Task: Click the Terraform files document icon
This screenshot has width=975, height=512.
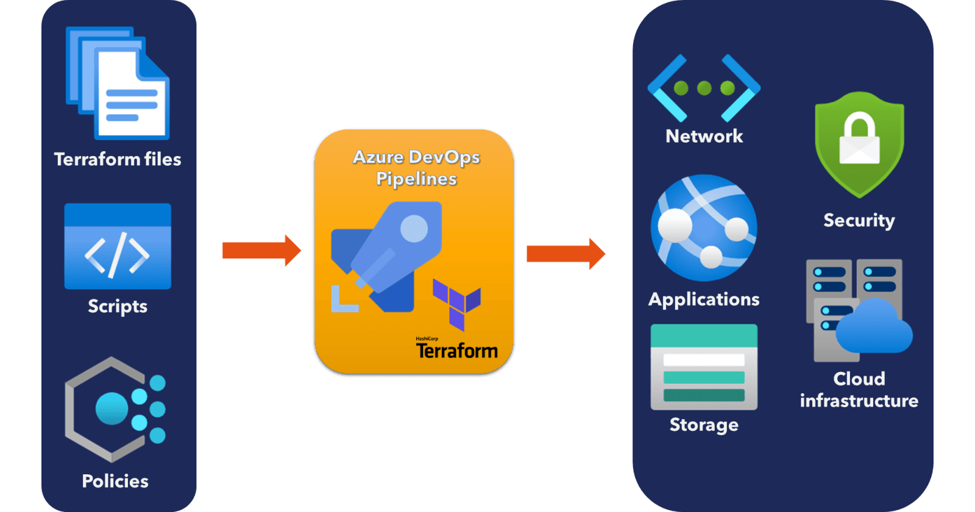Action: coord(118,84)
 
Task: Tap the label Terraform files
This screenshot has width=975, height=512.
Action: coord(118,159)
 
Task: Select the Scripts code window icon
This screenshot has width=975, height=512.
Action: coord(118,246)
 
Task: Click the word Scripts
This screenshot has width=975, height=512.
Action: coord(118,305)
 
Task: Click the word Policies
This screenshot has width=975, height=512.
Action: coord(115,481)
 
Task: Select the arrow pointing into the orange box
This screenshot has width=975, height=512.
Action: coord(261,251)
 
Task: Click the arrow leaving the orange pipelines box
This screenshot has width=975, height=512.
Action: coord(565,254)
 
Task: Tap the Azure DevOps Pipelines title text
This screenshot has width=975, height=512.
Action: coord(416,168)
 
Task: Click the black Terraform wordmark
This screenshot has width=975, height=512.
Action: coord(456,350)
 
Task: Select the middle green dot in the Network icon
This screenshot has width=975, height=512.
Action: coord(704,88)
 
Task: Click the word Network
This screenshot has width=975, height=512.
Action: coord(704,136)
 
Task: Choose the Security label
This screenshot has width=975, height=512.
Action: coord(859,220)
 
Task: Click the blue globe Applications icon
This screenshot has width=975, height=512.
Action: coord(704,228)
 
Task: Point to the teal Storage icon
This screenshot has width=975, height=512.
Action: coord(704,367)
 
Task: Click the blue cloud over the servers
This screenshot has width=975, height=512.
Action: coord(874,328)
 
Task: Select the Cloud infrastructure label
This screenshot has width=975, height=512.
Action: coord(859,389)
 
